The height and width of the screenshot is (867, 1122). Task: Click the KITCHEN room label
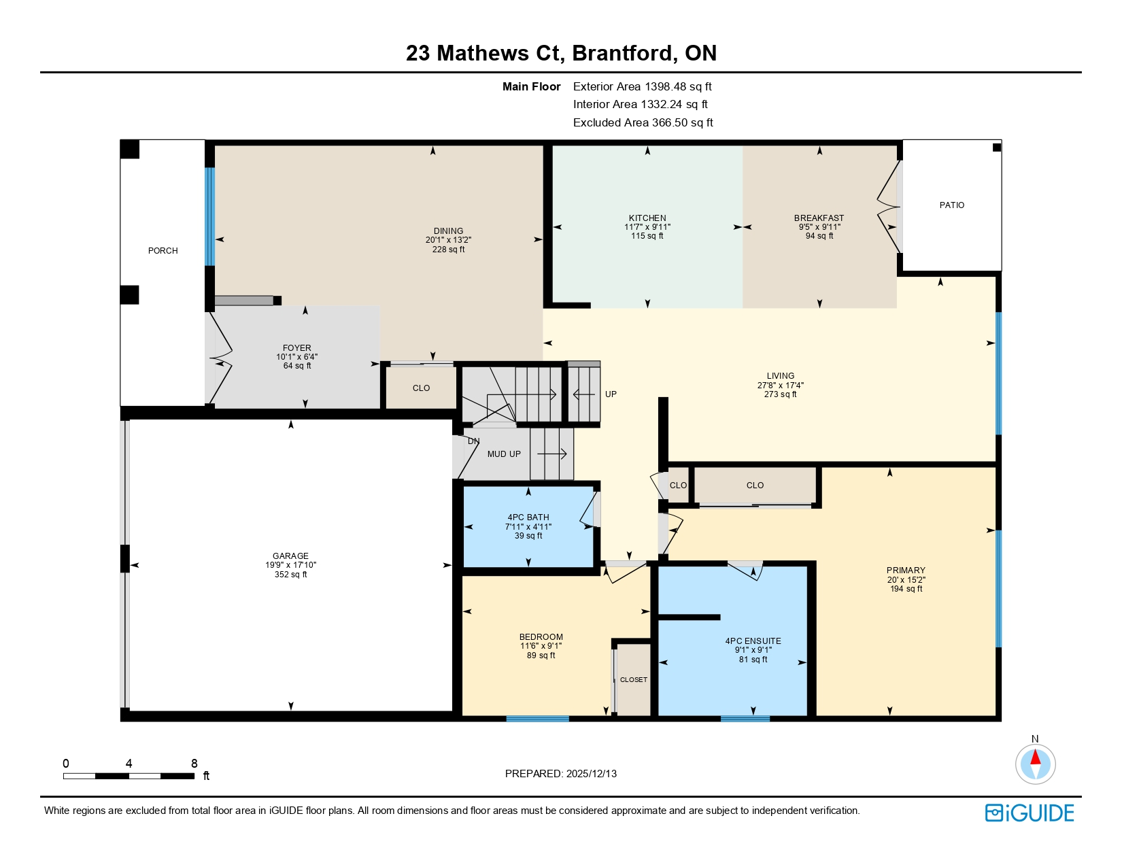(647, 218)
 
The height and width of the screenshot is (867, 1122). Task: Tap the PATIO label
(951, 205)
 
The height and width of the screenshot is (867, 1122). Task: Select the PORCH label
(163, 251)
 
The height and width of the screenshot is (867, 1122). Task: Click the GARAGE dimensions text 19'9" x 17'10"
(290, 565)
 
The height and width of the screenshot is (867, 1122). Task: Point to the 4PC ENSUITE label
(753, 641)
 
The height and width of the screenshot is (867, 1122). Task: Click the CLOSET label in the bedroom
(633, 680)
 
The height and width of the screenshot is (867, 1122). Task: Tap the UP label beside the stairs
(611, 394)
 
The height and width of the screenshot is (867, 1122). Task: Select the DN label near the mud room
(473, 441)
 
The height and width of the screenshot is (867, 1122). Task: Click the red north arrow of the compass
(1035, 757)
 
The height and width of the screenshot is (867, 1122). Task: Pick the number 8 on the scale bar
(194, 764)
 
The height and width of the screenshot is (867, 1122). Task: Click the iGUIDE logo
(1030, 813)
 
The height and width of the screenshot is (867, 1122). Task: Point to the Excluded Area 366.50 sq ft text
(643, 122)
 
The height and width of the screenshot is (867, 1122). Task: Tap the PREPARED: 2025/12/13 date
(560, 774)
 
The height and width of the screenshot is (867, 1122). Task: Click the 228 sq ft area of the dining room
(448, 250)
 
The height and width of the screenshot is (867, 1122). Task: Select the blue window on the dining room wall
(209, 216)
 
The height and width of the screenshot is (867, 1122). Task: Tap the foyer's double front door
(220, 358)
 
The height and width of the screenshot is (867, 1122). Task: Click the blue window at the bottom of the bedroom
(537, 718)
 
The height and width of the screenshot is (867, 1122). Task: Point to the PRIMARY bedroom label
(905, 571)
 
